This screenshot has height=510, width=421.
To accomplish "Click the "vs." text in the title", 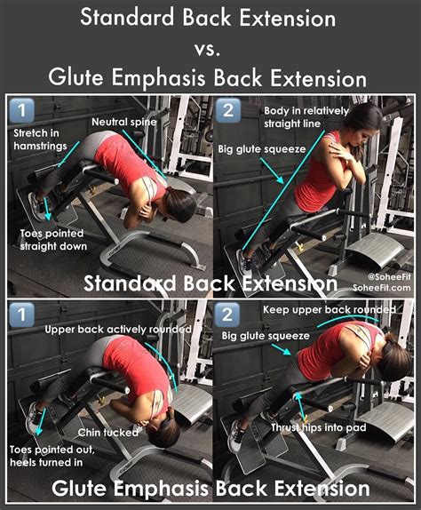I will click(x=210, y=47).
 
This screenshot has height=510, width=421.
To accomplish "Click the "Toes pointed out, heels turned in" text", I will click(x=49, y=455).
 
